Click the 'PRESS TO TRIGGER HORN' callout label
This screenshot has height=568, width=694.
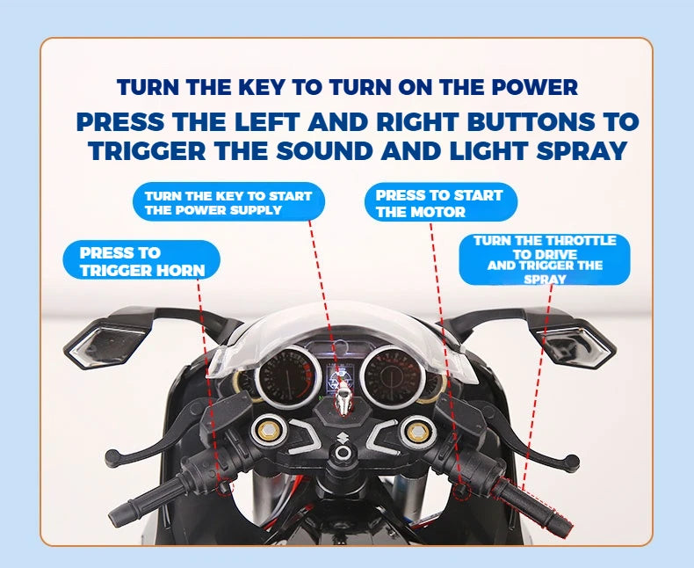click(141, 260)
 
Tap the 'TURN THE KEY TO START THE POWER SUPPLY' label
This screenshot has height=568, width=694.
click(228, 202)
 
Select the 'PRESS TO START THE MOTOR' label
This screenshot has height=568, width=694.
click(441, 202)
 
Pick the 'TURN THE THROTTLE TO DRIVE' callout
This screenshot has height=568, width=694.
click(545, 259)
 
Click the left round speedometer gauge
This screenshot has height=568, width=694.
click(288, 377)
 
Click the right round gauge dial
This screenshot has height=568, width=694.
click(393, 375)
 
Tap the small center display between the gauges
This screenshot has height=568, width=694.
click(341, 376)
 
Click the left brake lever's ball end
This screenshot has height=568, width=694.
click(112, 458)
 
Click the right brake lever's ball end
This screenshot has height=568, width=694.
click(571, 462)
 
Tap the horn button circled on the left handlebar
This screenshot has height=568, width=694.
click(225, 488)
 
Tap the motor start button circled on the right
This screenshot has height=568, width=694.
click(460, 491)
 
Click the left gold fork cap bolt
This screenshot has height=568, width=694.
click(266, 429)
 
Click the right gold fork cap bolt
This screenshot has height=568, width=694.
click(417, 430)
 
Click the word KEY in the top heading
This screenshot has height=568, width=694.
click(261, 87)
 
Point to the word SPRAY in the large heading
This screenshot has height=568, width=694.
click(582, 150)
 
